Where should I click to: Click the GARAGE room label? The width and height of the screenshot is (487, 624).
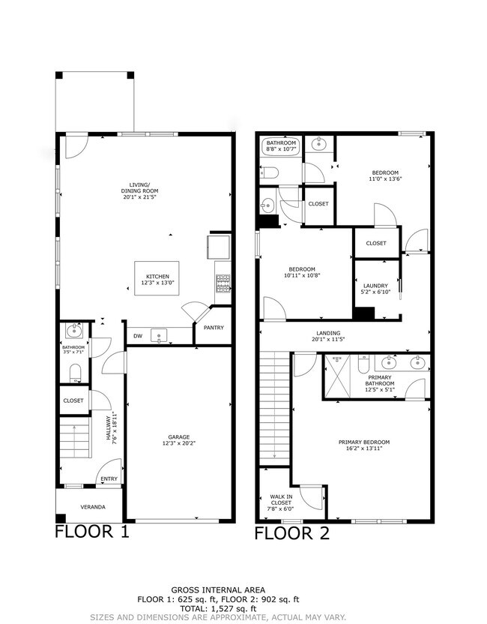178,436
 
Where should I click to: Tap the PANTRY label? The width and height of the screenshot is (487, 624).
214,328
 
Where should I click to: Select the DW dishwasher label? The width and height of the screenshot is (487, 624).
138,336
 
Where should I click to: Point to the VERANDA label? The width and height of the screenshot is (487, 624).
93,507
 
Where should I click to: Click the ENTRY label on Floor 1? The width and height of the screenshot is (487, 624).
109,480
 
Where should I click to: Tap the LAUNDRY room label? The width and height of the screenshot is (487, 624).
375,285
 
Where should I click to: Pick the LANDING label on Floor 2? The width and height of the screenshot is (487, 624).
327,333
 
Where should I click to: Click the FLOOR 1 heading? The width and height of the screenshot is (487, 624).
92,532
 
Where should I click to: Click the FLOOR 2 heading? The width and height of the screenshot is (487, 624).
291,533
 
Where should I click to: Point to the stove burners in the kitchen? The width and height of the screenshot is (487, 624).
223,282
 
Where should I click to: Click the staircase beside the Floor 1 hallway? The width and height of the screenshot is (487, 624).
74,441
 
